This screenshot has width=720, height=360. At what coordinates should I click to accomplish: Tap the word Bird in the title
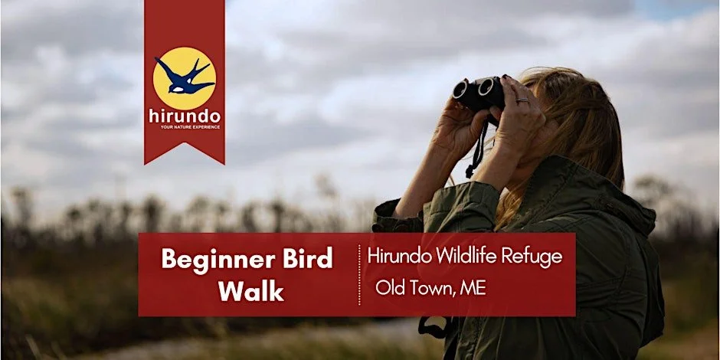pos(306,260)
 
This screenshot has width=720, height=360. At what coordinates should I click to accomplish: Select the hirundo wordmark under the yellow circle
pos(185,116)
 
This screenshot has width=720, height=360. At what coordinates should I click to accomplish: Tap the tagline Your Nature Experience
pos(185,126)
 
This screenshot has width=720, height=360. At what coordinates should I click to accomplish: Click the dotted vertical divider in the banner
pos(359,274)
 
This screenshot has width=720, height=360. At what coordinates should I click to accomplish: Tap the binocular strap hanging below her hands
pos(477,153)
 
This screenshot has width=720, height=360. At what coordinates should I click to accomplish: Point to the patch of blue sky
pos(674,9)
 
